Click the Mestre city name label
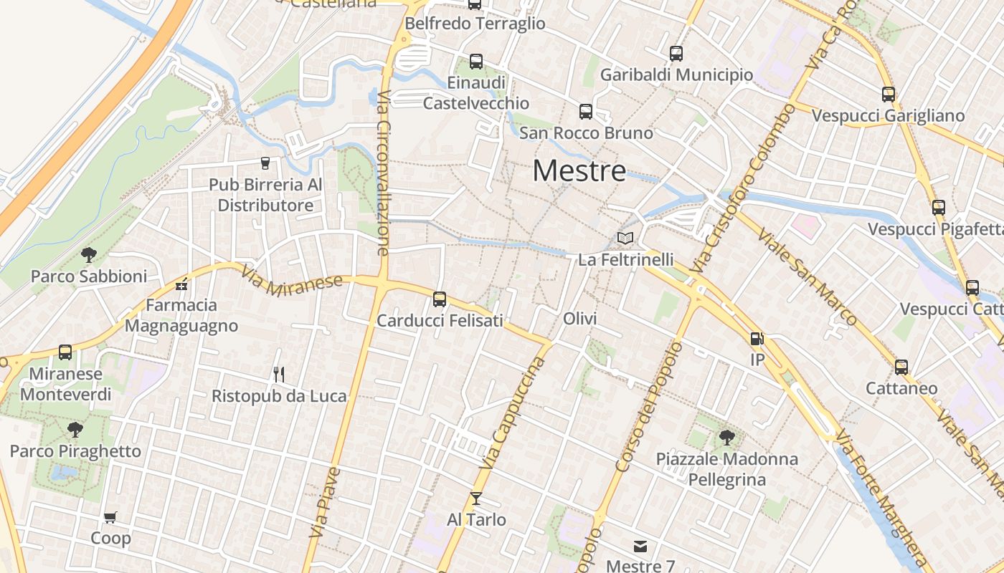point(579,170)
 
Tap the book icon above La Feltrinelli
point(625,238)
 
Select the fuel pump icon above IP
point(757,339)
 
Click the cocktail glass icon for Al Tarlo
point(476,498)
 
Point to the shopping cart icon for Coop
point(110,517)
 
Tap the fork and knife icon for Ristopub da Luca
point(279,374)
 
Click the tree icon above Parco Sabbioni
point(89,254)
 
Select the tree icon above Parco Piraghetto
point(75,430)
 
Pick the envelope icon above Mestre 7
point(640,546)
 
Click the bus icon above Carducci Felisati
point(440,299)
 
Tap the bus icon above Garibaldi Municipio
point(676,53)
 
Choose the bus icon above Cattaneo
point(901,367)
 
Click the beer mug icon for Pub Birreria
point(265,163)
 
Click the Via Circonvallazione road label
point(384,173)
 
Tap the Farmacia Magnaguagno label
point(181,315)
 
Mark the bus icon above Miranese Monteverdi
point(65,352)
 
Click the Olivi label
point(580,319)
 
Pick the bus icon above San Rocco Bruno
point(586,111)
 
